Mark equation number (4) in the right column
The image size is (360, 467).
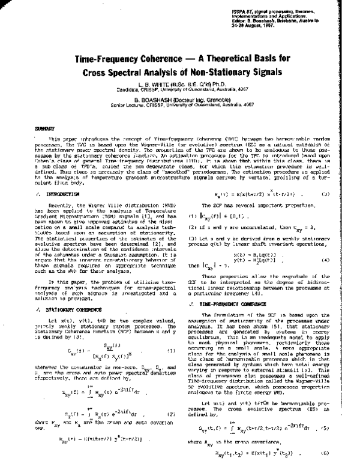click(x=326, y=243)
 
